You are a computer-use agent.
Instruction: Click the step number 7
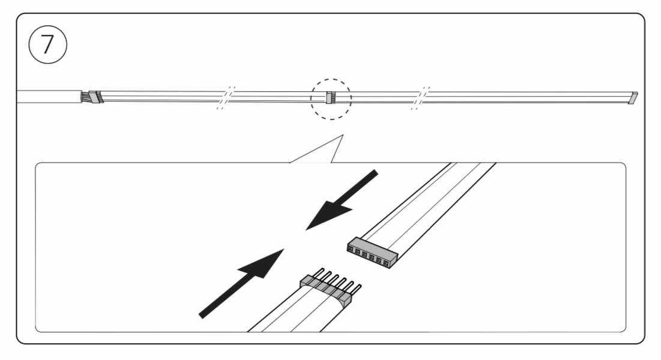(x=47, y=44)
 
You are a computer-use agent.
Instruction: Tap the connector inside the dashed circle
(x=330, y=98)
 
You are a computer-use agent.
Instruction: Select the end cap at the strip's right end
(x=633, y=98)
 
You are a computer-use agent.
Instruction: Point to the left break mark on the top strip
(x=226, y=98)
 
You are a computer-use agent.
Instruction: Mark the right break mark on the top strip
(x=420, y=98)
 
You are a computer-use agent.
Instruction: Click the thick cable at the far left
(x=49, y=97)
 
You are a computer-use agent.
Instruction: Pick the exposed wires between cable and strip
(x=86, y=97)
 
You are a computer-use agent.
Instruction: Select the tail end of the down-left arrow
(x=375, y=172)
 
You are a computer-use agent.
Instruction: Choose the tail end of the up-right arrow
(x=202, y=315)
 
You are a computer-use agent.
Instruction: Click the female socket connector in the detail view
(x=372, y=253)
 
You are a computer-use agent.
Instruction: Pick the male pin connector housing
(x=325, y=291)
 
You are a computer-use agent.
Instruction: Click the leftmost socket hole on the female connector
(x=351, y=249)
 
